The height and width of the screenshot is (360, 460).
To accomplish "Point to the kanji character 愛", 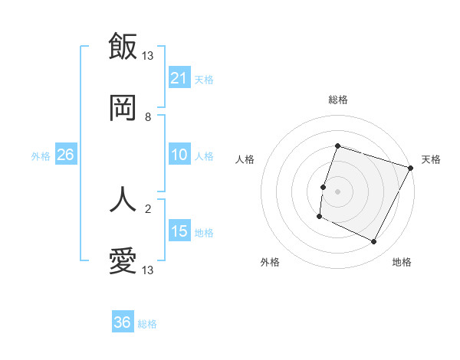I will tap(123, 261).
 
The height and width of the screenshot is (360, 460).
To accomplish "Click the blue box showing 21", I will tap(179, 77).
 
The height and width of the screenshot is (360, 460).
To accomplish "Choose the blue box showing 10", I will tap(179, 155).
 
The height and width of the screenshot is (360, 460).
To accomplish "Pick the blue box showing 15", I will tap(179, 231).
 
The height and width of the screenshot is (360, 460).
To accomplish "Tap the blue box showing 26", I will tap(65, 155).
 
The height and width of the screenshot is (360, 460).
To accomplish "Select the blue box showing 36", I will tap(123, 322).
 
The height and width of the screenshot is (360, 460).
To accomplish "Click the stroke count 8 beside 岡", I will tap(148, 116).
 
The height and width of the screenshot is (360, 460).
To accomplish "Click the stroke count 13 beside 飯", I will tap(148, 55).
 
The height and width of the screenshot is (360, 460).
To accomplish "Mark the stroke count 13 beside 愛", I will tap(148, 270).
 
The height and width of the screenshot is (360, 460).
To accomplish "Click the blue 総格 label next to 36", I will tap(147, 324).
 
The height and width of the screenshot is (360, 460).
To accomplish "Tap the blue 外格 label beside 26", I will tap(41, 156).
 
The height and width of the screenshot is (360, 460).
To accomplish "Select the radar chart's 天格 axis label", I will tap(431, 159).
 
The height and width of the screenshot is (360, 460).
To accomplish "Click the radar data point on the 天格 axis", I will tap(411, 168).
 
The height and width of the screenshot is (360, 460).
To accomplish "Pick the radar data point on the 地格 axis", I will tap(374, 242).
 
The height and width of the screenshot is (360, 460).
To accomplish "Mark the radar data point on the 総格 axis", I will tap(337, 146).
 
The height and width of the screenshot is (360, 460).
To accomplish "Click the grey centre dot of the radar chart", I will tap(337, 191).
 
